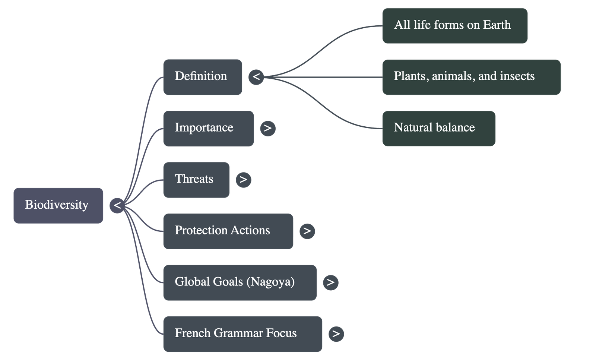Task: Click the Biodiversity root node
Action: click(58, 205)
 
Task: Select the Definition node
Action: click(202, 77)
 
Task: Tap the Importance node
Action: click(208, 128)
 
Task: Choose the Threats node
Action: click(196, 180)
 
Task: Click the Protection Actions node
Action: click(228, 231)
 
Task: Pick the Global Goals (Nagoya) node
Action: click(240, 282)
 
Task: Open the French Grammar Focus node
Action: click(242, 334)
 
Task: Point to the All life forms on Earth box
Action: click(454, 26)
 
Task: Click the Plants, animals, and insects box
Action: click(471, 77)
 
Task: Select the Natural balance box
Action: click(438, 128)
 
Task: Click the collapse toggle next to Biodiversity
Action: click(117, 205)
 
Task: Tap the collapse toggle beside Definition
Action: click(256, 77)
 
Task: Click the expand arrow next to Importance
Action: click(267, 128)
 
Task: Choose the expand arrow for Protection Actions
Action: click(307, 231)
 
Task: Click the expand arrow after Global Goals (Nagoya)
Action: click(331, 282)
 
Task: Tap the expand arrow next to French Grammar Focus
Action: click(336, 334)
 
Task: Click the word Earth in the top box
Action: click(497, 25)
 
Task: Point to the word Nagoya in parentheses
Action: click(270, 282)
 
